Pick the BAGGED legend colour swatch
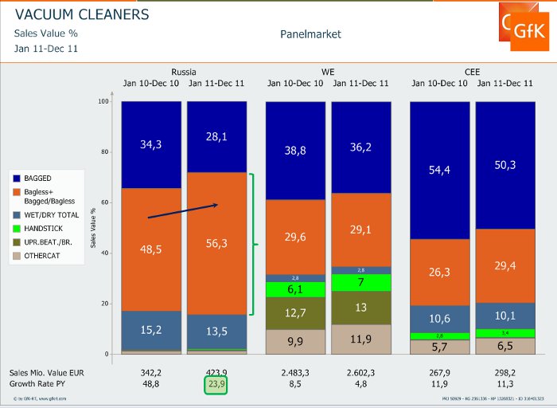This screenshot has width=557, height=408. pyautogui.click(x=18, y=178)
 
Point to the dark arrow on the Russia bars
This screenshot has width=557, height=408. pyautogui.click(x=183, y=211)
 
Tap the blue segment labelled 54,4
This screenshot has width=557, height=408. pyautogui.click(x=439, y=170)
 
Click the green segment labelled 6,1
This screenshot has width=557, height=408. pyautogui.click(x=296, y=289)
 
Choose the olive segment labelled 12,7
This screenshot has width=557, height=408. pyautogui.click(x=296, y=313)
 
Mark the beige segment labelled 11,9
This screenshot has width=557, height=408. pyautogui.click(x=360, y=339)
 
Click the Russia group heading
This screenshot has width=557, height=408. pyautogui.click(x=184, y=70)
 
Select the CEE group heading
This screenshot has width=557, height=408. pyautogui.click(x=473, y=70)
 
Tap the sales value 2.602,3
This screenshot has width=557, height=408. pyautogui.click(x=360, y=372)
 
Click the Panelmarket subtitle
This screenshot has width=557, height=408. pyautogui.click(x=310, y=34)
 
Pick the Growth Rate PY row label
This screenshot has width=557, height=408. pyautogui.click(x=36, y=383)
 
